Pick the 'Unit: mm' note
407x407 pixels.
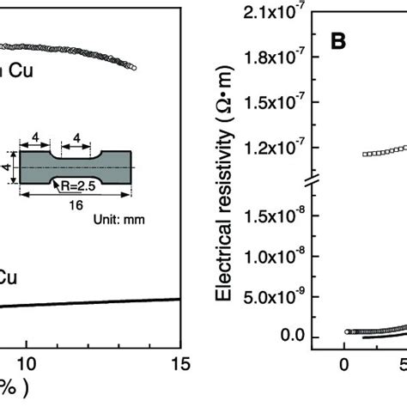click(119, 219)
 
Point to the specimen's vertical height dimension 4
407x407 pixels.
click(4, 160)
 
